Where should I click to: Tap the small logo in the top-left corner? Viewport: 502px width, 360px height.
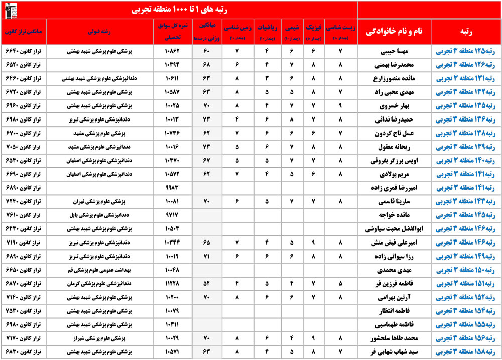[10, 9]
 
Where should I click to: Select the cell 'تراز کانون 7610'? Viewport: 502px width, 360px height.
[25, 215]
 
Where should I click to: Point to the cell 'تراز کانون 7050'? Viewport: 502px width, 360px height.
[25, 147]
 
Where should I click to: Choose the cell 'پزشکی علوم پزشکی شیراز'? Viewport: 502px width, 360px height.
[102, 338]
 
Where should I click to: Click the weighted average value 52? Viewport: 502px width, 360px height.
[206, 284]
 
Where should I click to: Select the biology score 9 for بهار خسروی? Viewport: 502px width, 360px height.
[340, 106]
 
